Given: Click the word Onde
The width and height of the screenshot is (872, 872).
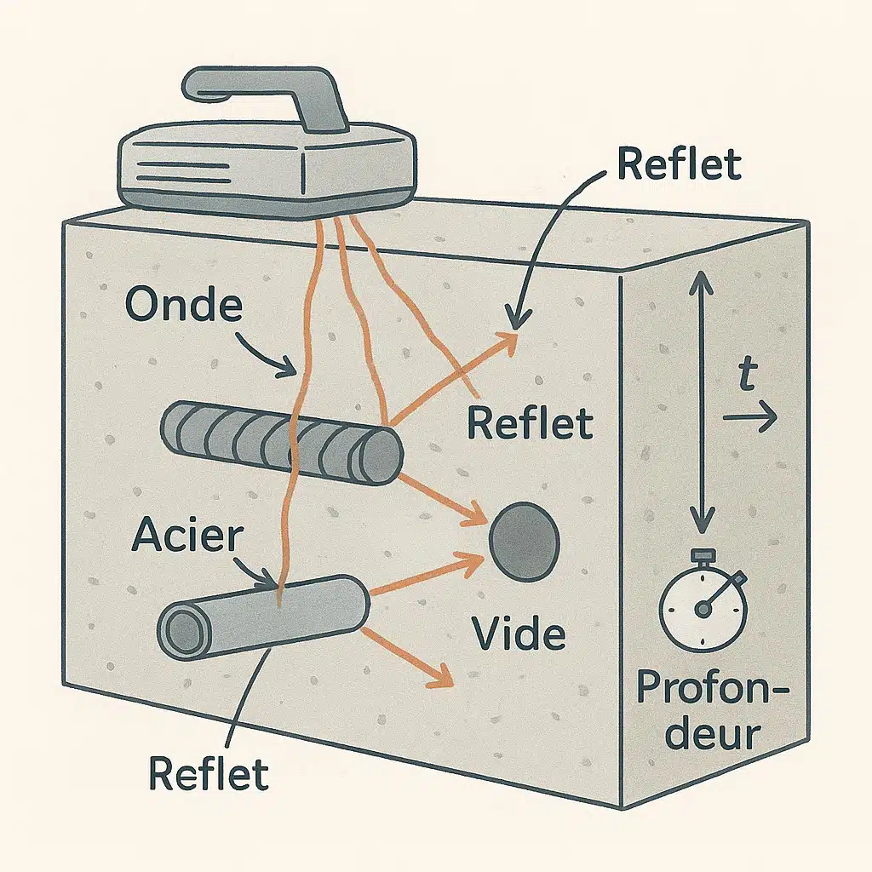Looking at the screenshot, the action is [184, 304].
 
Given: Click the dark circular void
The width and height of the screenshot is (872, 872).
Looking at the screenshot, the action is [524, 541].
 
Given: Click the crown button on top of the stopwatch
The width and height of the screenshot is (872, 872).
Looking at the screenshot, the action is [703, 555].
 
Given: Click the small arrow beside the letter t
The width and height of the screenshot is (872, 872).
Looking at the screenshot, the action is [750, 417].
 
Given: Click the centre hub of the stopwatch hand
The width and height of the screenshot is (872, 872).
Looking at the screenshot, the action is [703, 610].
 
